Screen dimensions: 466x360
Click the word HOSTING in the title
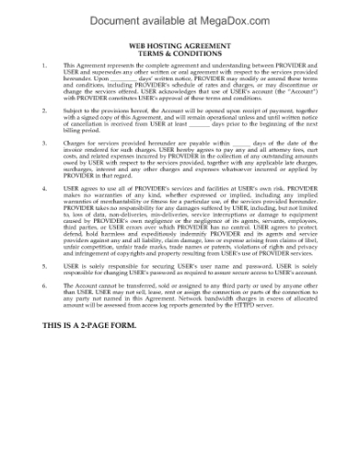click(168, 45)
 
